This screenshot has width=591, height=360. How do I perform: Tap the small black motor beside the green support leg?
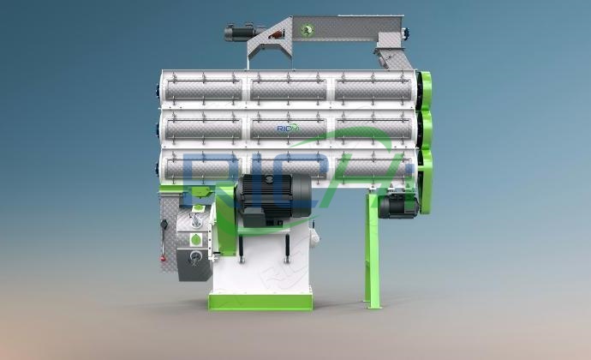click(395, 204)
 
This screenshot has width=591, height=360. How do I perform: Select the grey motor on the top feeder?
click(237, 33)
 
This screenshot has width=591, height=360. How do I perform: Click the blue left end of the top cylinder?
click(159, 88)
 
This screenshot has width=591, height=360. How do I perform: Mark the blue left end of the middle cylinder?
click(159, 128)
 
